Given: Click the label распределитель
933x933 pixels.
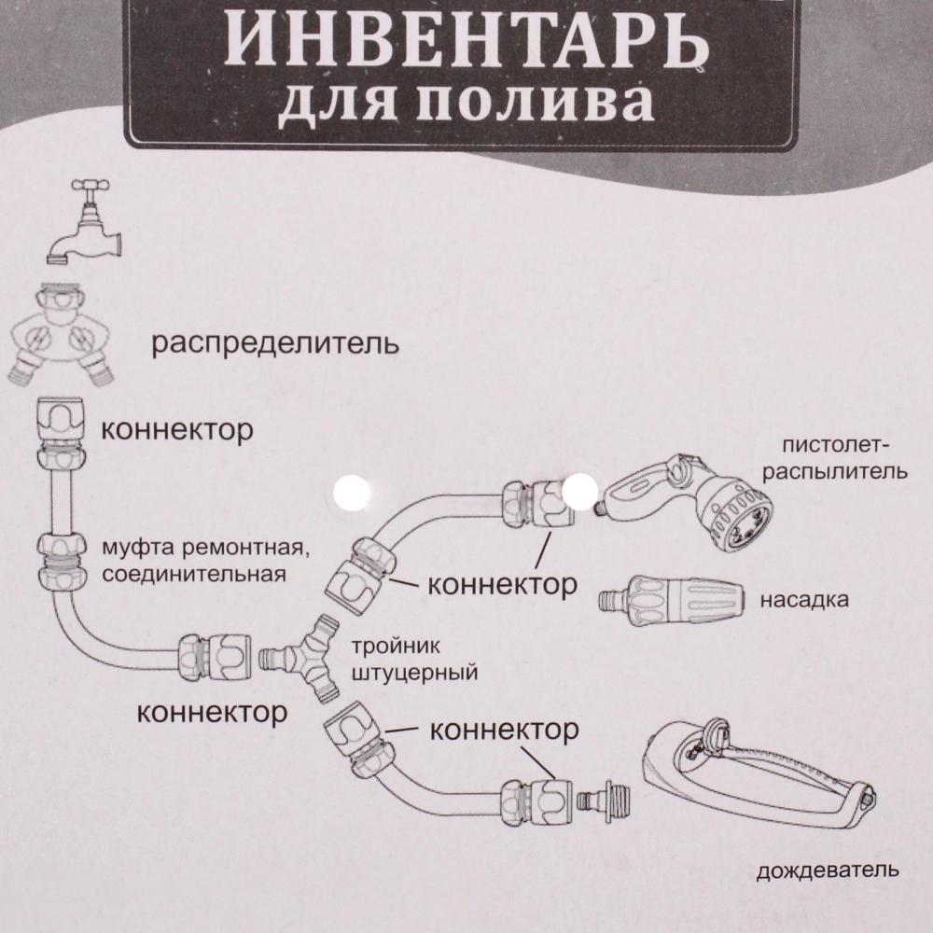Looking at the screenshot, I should click(x=275, y=345).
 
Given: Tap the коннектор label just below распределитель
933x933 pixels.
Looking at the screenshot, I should click(x=176, y=430).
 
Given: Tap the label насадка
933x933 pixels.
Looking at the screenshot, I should click(x=803, y=600).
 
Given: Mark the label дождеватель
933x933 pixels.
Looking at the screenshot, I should click(x=828, y=871).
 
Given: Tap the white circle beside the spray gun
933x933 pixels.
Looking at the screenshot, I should click(x=582, y=488).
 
